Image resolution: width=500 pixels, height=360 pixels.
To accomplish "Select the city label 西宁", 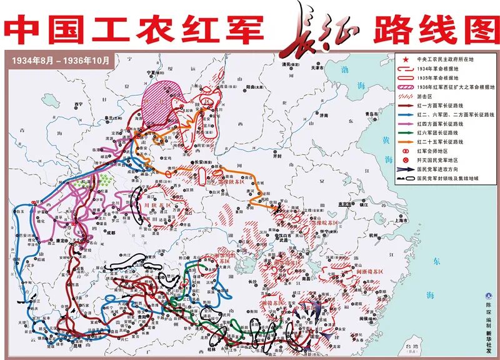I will (78, 103).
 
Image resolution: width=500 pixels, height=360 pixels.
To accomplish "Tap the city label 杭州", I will (356, 235).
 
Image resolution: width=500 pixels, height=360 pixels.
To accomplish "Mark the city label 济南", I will (323, 116).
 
